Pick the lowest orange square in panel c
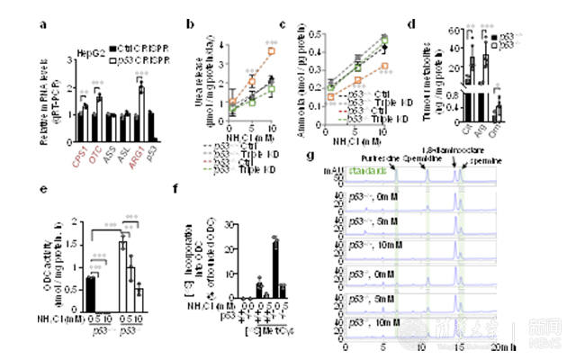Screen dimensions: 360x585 coord(385,66)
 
